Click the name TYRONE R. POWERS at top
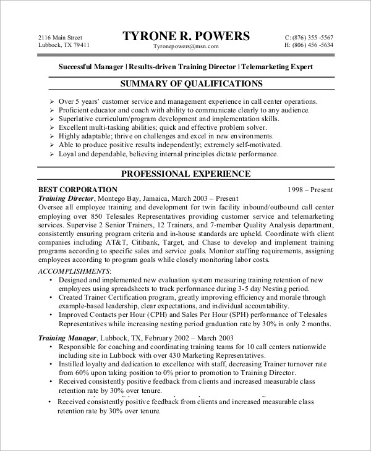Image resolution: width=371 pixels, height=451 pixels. (186, 35)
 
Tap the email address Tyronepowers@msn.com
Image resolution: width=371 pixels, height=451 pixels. (185, 47)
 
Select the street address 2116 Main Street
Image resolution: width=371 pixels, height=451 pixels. (60, 37)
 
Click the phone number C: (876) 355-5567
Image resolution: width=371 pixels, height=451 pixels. (309, 37)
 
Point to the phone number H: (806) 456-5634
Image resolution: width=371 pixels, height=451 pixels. (309, 46)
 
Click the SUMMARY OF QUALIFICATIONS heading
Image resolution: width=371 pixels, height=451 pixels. (185, 83)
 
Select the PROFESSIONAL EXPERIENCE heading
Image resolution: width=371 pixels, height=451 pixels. (185, 174)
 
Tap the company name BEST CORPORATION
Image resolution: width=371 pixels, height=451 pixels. (78, 189)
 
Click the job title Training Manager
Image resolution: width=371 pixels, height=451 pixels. (67, 338)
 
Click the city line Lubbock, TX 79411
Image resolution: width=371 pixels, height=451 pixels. (64, 46)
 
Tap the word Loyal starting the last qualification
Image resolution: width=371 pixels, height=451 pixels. (69, 154)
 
